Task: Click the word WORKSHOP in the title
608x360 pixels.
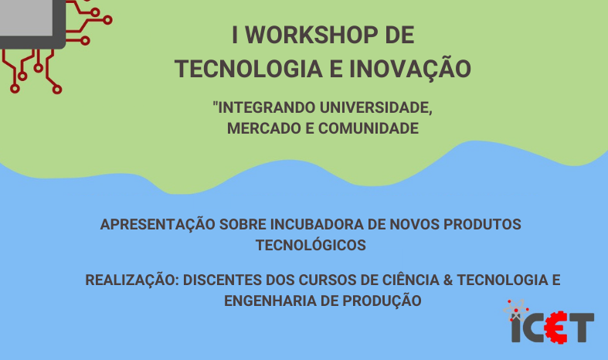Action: (312, 35)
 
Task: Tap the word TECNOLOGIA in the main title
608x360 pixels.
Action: (249, 69)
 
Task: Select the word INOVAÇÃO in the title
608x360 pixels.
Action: (410, 68)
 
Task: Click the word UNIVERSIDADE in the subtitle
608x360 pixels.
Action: (375, 108)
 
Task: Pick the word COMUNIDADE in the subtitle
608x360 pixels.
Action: (369, 128)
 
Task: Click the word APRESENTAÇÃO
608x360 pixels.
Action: (158, 224)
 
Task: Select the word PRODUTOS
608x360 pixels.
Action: (482, 225)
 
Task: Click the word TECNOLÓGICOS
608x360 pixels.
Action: (311, 245)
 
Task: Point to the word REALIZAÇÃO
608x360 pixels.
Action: (132, 280)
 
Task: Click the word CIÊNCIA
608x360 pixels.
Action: (411, 280)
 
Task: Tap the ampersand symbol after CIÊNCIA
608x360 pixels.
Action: (448, 280)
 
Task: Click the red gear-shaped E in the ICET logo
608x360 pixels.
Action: (556, 327)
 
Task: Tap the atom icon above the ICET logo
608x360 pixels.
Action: (516, 310)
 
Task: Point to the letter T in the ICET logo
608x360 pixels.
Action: (580, 328)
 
